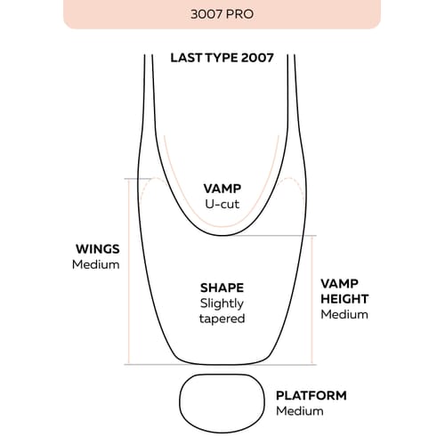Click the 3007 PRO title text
coord(222,14)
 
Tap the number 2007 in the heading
coord(257,58)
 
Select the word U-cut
coord(222,204)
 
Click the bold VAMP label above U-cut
coord(222,189)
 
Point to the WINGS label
coord(98,249)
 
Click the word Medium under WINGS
coord(96,264)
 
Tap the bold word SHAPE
coord(222,287)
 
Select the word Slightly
coord(222,303)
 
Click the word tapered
coord(222,320)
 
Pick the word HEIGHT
coord(344,299)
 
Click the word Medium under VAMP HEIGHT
coord(344,314)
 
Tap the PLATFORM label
coord(311,395)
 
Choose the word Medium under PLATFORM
coord(300,411)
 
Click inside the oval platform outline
coord(222,403)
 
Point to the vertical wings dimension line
coord(129,271)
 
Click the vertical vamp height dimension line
coord(311,300)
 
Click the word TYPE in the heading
coord(222,58)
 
